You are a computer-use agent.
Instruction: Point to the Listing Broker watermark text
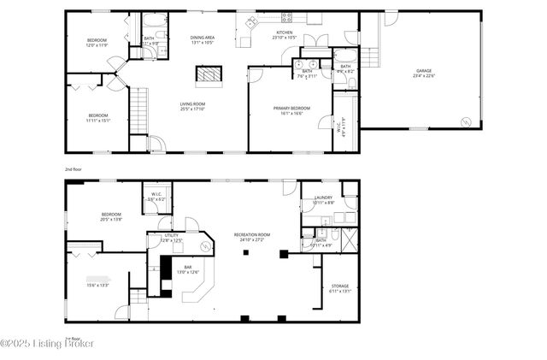(47, 344)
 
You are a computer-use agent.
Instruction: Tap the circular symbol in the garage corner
(466, 122)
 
